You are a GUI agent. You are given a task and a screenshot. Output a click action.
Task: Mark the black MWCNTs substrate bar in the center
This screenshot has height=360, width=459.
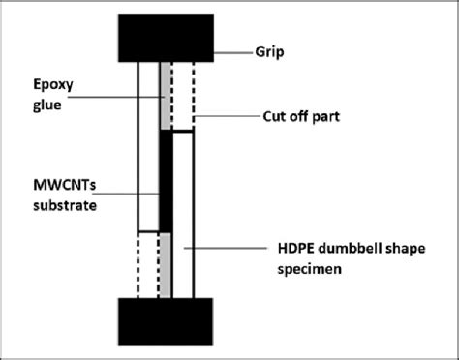coord(165,184)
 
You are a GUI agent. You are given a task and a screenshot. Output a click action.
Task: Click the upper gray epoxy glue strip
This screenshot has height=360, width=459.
coord(166,97)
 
